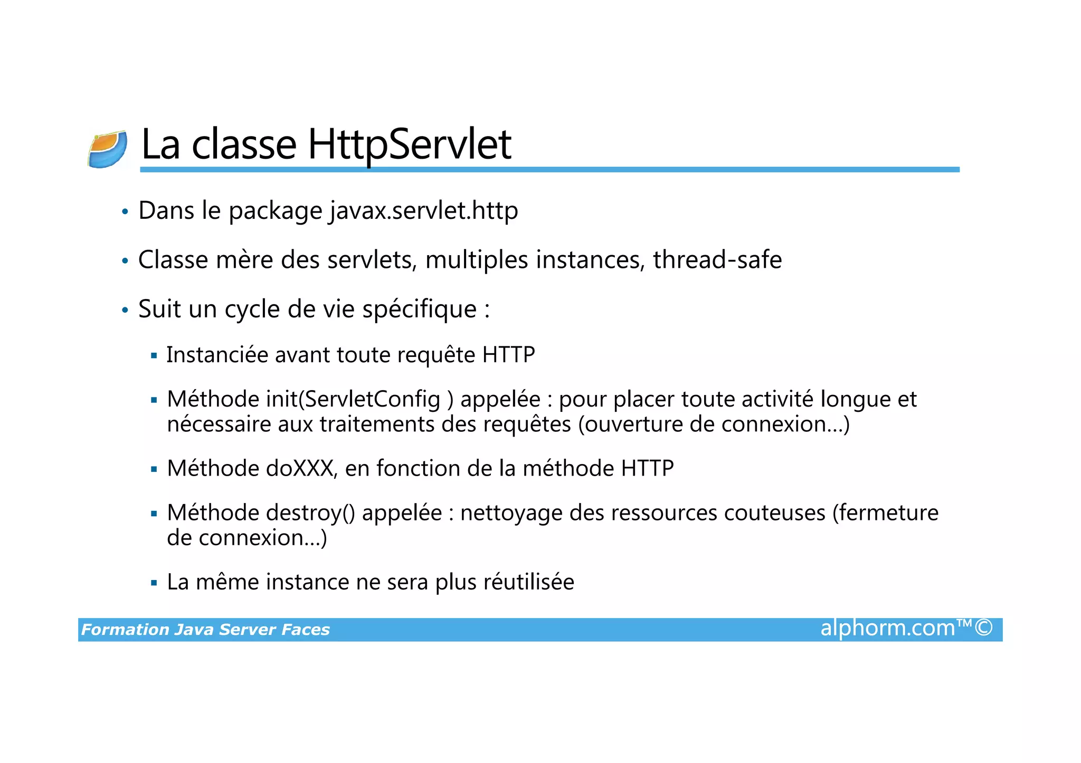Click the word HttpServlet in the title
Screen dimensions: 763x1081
coord(409,145)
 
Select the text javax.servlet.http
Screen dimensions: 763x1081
coord(424,211)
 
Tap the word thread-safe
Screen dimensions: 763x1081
coord(717,260)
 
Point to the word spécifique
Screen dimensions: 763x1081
coord(419,310)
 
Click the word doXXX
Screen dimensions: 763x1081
coord(299,469)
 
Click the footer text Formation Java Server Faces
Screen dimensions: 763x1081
coord(205,630)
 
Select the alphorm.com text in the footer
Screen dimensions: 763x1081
coord(887,629)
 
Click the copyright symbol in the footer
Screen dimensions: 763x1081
coord(983,628)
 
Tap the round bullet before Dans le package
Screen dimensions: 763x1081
coord(125,213)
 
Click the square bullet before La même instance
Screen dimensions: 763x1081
coord(154,583)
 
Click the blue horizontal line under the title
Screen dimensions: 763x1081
coord(549,170)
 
